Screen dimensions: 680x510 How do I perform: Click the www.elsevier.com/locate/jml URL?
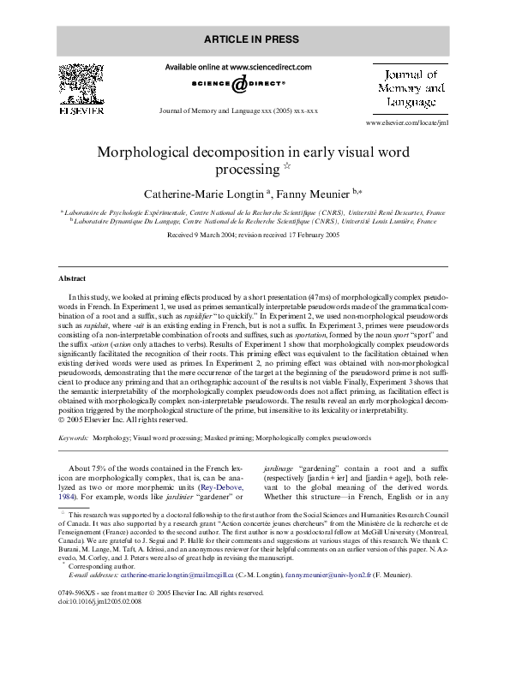(409, 123)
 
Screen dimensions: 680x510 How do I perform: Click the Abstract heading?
(72, 279)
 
